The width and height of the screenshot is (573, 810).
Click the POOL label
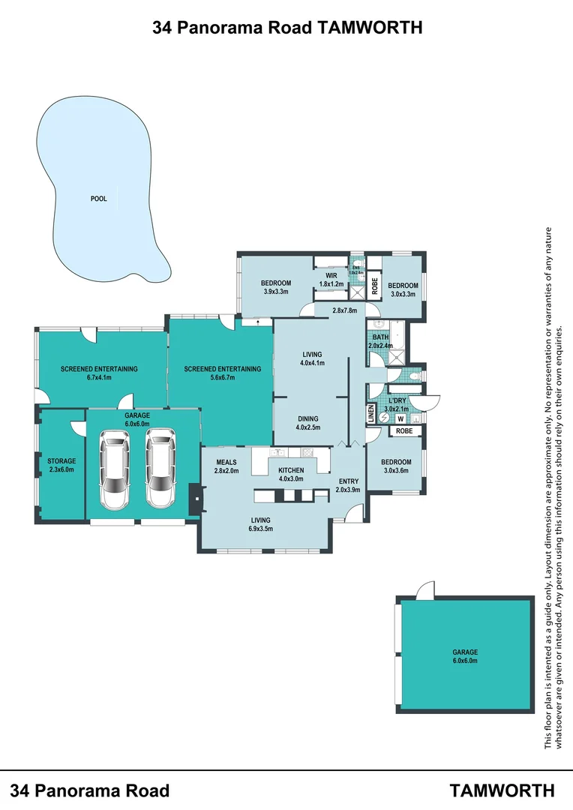98,199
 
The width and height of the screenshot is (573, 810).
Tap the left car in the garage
115,469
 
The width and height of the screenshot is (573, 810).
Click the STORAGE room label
61,460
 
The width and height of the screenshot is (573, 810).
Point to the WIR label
331,276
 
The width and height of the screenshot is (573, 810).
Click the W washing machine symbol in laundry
400,419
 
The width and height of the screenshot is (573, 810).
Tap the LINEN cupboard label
370,412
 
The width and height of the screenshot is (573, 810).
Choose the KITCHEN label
291,470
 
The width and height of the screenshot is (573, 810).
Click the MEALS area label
226,461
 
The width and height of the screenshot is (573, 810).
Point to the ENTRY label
349,481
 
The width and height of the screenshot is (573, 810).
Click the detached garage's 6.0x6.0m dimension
464,661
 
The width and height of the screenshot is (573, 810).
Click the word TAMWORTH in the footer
502,790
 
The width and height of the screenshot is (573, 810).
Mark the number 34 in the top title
161,28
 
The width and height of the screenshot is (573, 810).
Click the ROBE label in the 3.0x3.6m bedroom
404,431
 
